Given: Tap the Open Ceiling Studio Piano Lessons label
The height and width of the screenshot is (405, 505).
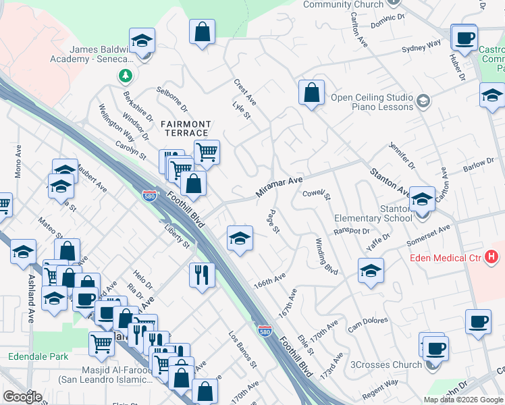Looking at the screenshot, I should [x=371, y=102].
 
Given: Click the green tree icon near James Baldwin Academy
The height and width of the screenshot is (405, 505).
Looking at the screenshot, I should [x=126, y=76].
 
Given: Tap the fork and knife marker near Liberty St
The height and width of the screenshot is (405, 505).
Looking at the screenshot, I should [x=202, y=275].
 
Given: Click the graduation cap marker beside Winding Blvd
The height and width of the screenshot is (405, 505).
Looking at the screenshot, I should [x=371, y=271].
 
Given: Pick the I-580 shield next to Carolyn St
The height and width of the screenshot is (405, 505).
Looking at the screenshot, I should [x=151, y=196].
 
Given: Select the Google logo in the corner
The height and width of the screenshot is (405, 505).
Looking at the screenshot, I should [x=23, y=397].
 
